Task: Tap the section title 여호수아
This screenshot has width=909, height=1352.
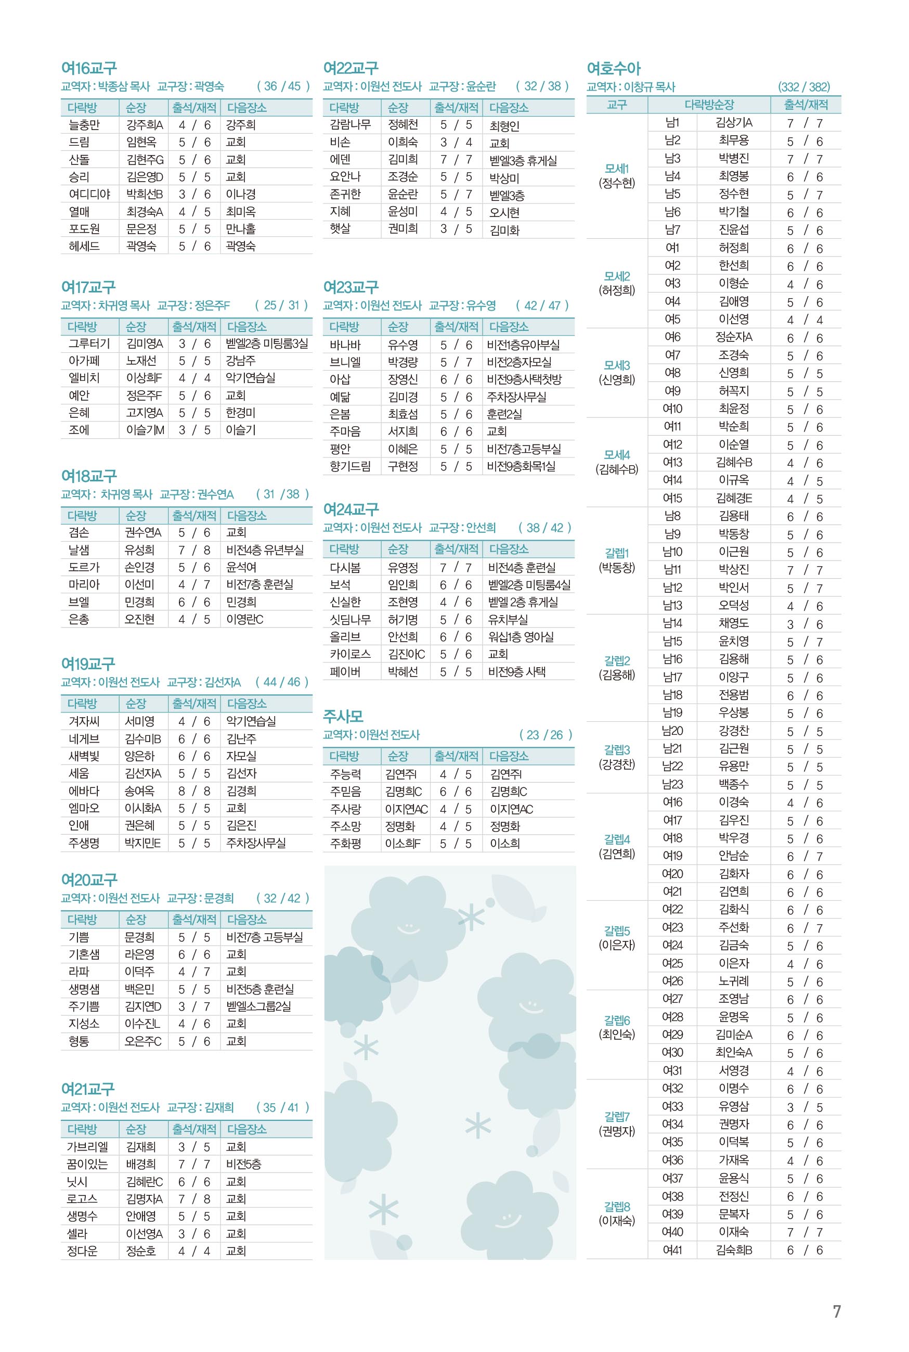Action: point(613,69)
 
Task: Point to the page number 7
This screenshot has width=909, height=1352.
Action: point(837,1311)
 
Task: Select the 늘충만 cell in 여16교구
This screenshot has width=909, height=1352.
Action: point(84,125)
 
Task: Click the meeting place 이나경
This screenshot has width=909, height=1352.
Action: point(241,194)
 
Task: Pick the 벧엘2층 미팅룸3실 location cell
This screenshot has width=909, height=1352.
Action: point(267,343)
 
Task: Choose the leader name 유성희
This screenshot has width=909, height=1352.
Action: point(140,550)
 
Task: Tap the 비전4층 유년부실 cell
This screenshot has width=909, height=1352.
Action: point(265,550)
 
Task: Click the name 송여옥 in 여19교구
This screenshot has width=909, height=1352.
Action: point(140,790)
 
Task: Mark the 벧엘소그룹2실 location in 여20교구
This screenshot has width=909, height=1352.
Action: point(258,1006)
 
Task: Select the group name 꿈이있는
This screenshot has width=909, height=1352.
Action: point(87,1164)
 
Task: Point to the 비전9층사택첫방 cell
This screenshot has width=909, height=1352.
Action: point(524,379)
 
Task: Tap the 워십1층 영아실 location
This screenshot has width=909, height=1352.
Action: point(521,637)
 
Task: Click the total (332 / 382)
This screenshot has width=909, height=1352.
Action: point(803,87)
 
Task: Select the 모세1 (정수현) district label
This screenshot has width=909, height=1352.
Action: point(617,176)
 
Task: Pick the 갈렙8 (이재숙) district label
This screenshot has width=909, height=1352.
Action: point(617,1214)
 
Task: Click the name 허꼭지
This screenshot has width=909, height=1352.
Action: point(733,391)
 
